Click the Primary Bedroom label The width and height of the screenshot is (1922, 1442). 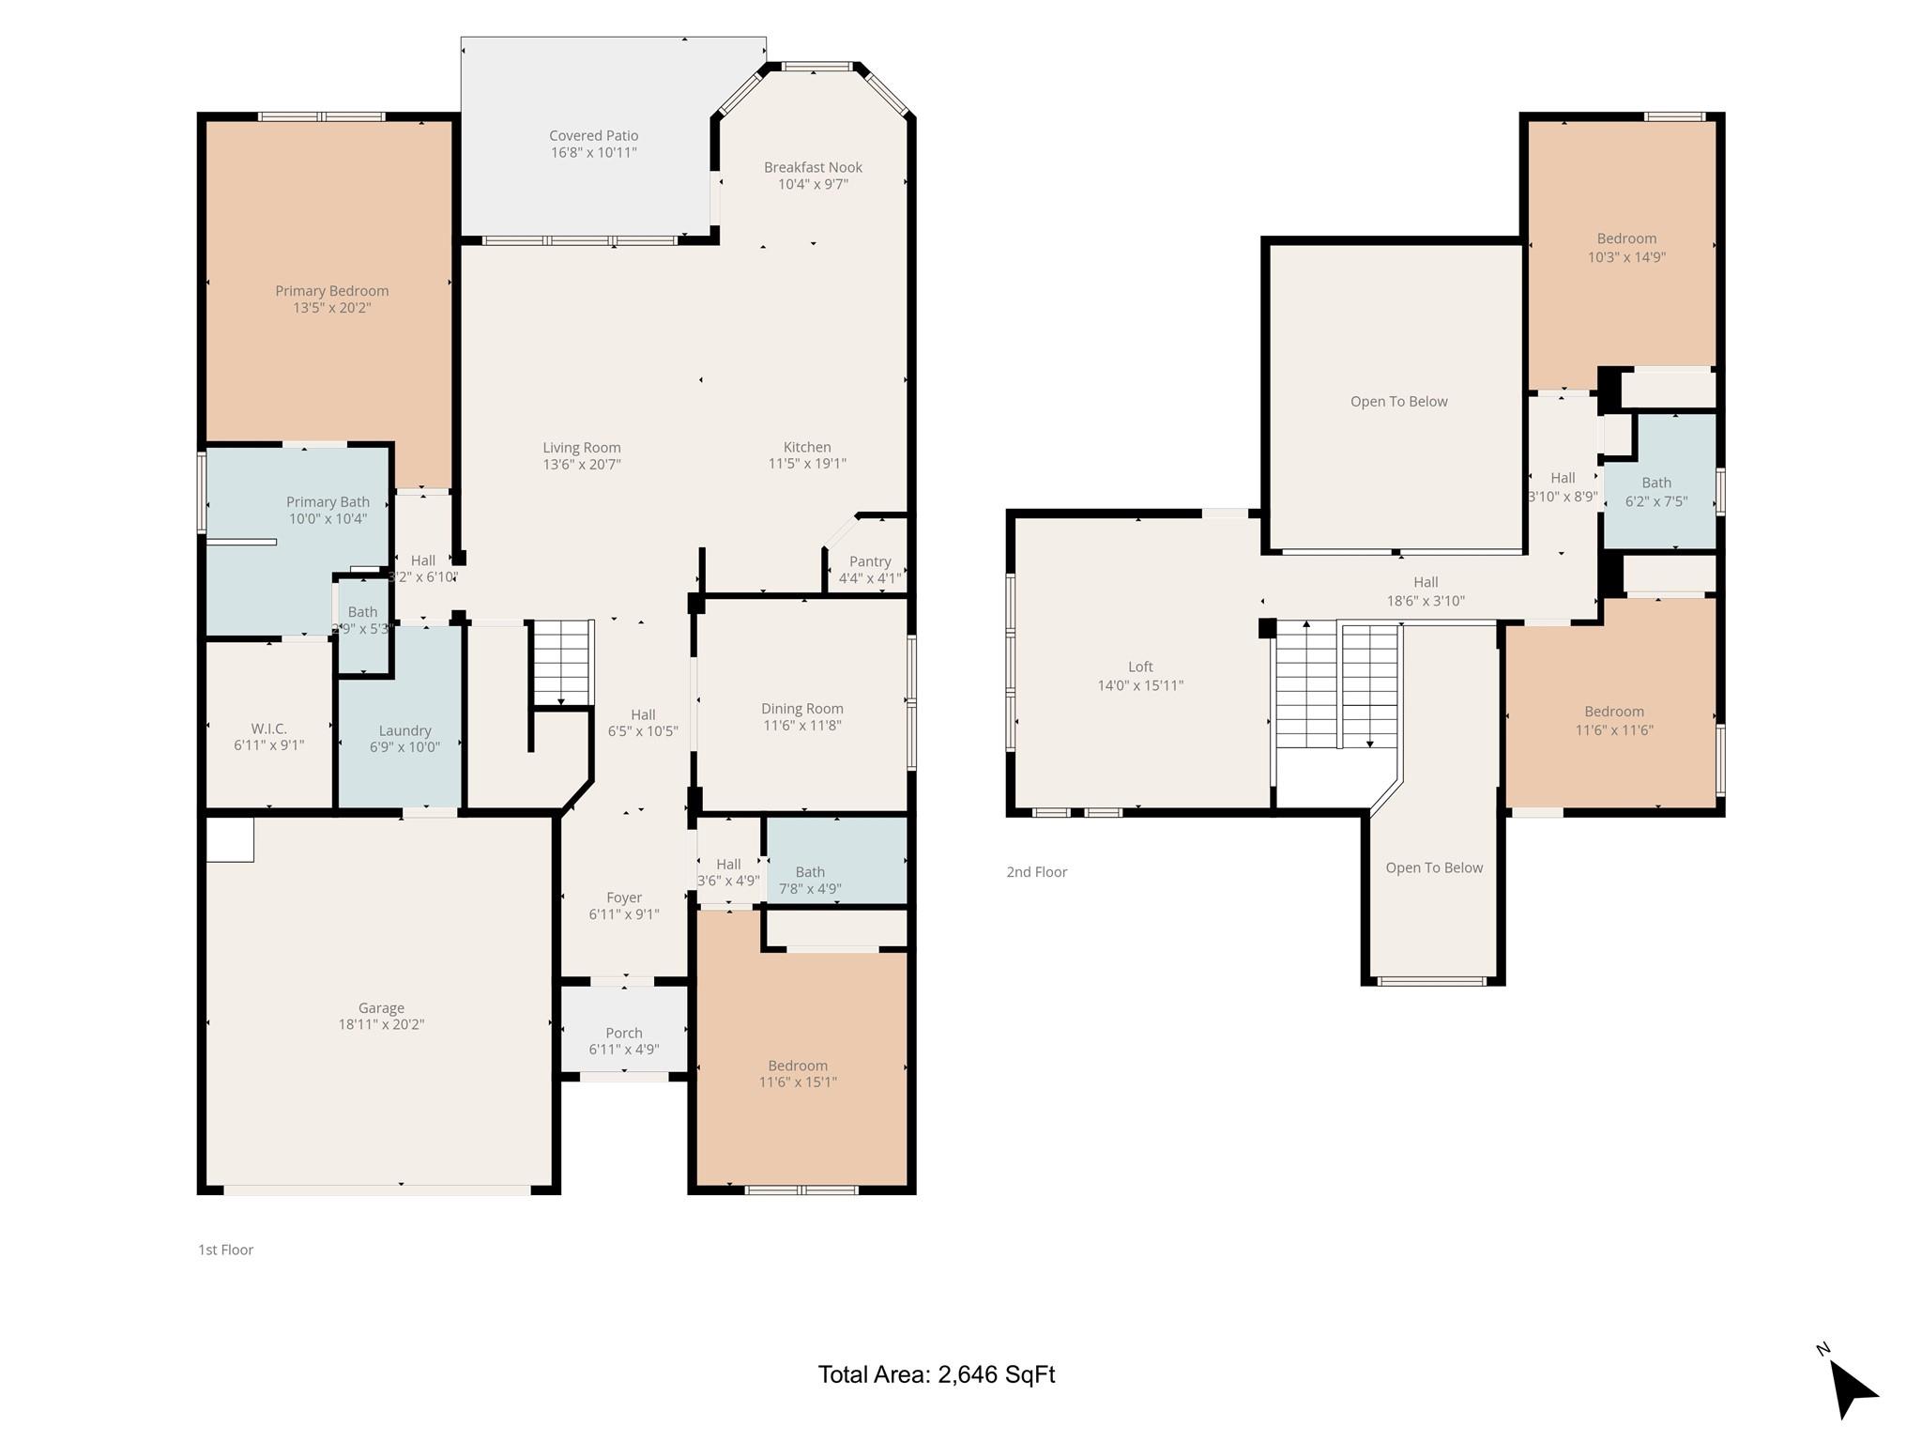[331, 291]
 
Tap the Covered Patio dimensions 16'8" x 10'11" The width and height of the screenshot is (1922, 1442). [593, 152]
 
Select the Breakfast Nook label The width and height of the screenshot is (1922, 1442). [813, 167]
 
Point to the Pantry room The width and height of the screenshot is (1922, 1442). [869, 568]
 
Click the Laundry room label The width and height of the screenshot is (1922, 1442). [404, 730]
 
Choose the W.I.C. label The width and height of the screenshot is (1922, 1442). [268, 729]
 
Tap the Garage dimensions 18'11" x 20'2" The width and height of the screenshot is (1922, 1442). [381, 1024]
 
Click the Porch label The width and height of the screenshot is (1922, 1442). [623, 1033]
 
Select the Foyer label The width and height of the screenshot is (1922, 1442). [623, 897]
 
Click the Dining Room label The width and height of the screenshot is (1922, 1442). [801, 709]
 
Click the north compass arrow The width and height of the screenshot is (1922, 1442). [1852, 1389]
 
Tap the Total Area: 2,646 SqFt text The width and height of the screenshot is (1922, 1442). [936, 1374]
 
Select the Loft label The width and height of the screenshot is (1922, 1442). [1140, 667]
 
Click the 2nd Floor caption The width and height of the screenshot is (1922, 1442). [1036, 872]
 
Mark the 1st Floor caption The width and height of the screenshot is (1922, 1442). [225, 1250]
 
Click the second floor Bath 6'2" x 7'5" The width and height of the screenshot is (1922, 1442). [1655, 491]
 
